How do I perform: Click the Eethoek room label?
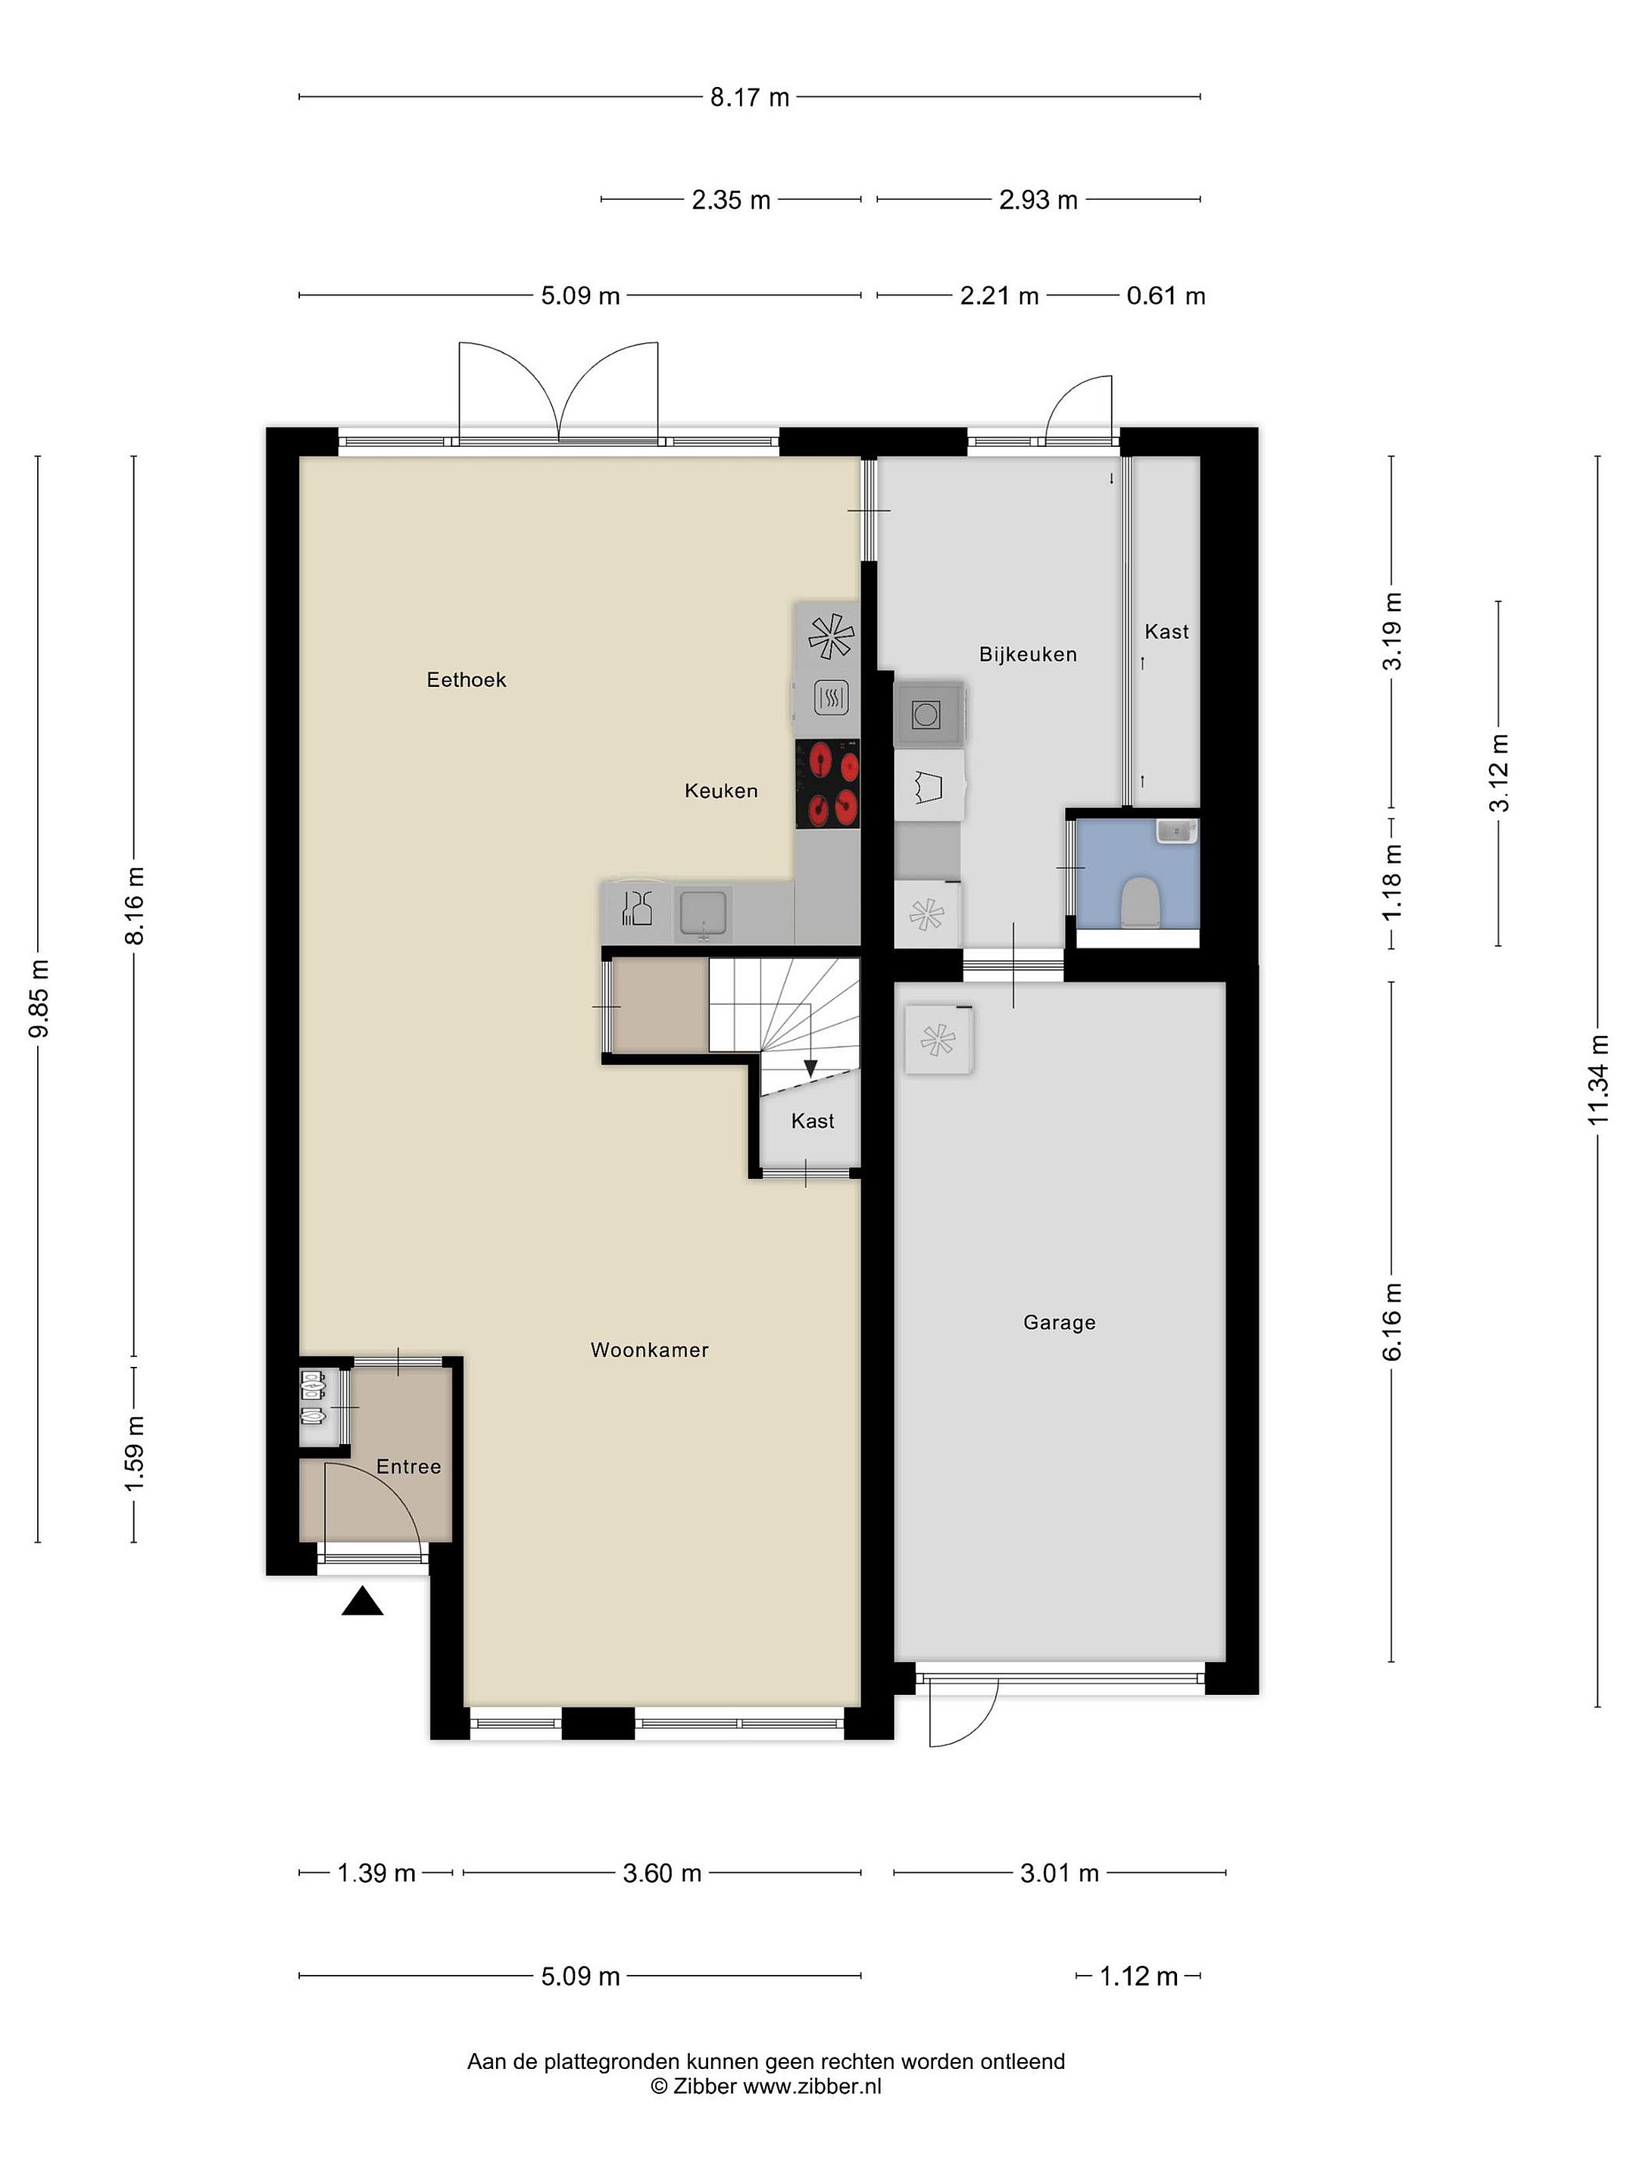[x=467, y=679]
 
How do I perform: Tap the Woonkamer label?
[x=650, y=1349]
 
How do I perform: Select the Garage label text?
[x=1059, y=1322]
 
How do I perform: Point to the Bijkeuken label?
[x=1028, y=654]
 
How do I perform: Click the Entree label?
[x=408, y=1466]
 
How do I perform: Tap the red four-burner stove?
[x=827, y=783]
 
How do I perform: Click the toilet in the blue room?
[x=1139, y=901]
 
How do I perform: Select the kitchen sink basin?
[x=702, y=912]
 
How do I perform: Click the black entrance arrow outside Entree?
[x=362, y=1601]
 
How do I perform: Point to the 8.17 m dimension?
[x=750, y=98]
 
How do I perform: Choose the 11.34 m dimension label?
[x=1597, y=1080]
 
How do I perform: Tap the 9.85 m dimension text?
[x=39, y=998]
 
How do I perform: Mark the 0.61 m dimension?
[x=1166, y=296]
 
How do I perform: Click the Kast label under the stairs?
[x=813, y=1121]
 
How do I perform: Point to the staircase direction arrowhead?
[x=810, y=1068]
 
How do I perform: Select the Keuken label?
[x=721, y=790]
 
